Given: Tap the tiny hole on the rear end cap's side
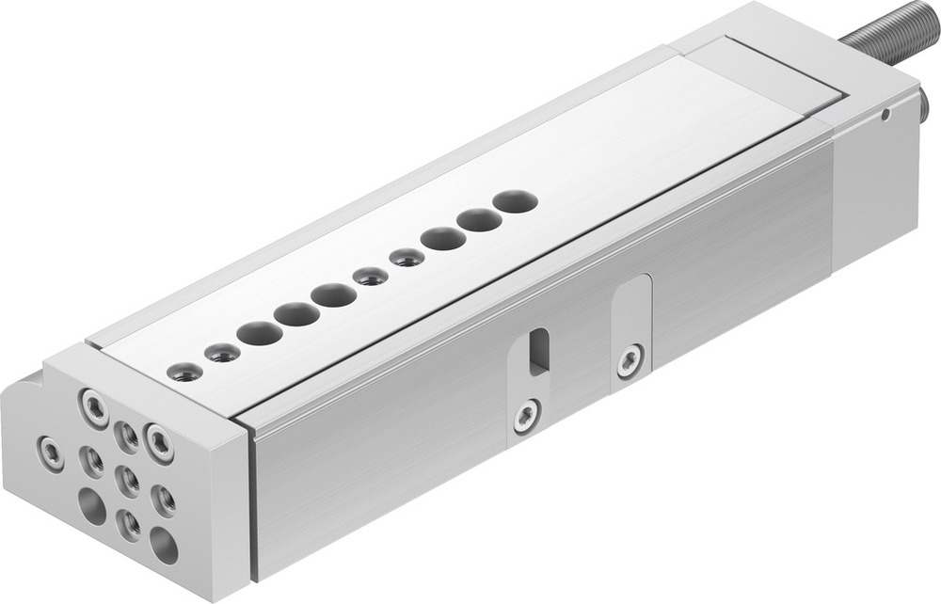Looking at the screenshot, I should pyautogui.click(x=885, y=116).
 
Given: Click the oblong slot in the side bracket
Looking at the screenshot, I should pyautogui.click(x=538, y=352).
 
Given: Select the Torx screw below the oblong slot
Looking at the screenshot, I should pyautogui.click(x=527, y=415).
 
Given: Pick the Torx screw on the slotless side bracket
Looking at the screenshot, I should pyautogui.click(x=630, y=360).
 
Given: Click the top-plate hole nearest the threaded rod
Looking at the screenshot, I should pyautogui.click(x=515, y=201).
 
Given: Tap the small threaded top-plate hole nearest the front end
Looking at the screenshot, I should pyautogui.click(x=185, y=372).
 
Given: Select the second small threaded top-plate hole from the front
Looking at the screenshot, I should pyautogui.click(x=223, y=353).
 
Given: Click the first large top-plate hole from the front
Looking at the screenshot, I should pyautogui.click(x=259, y=333).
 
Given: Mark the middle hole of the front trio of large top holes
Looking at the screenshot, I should pyautogui.click(x=296, y=314).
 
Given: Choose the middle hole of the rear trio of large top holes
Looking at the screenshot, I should pyautogui.click(x=480, y=220).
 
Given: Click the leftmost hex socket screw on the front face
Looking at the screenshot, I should pyautogui.click(x=51, y=453).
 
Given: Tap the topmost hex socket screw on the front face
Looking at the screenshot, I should pyautogui.click(x=94, y=408).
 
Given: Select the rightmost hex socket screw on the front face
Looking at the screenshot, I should pyautogui.click(x=159, y=442).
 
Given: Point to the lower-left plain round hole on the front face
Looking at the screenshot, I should pyautogui.click(x=91, y=507).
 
